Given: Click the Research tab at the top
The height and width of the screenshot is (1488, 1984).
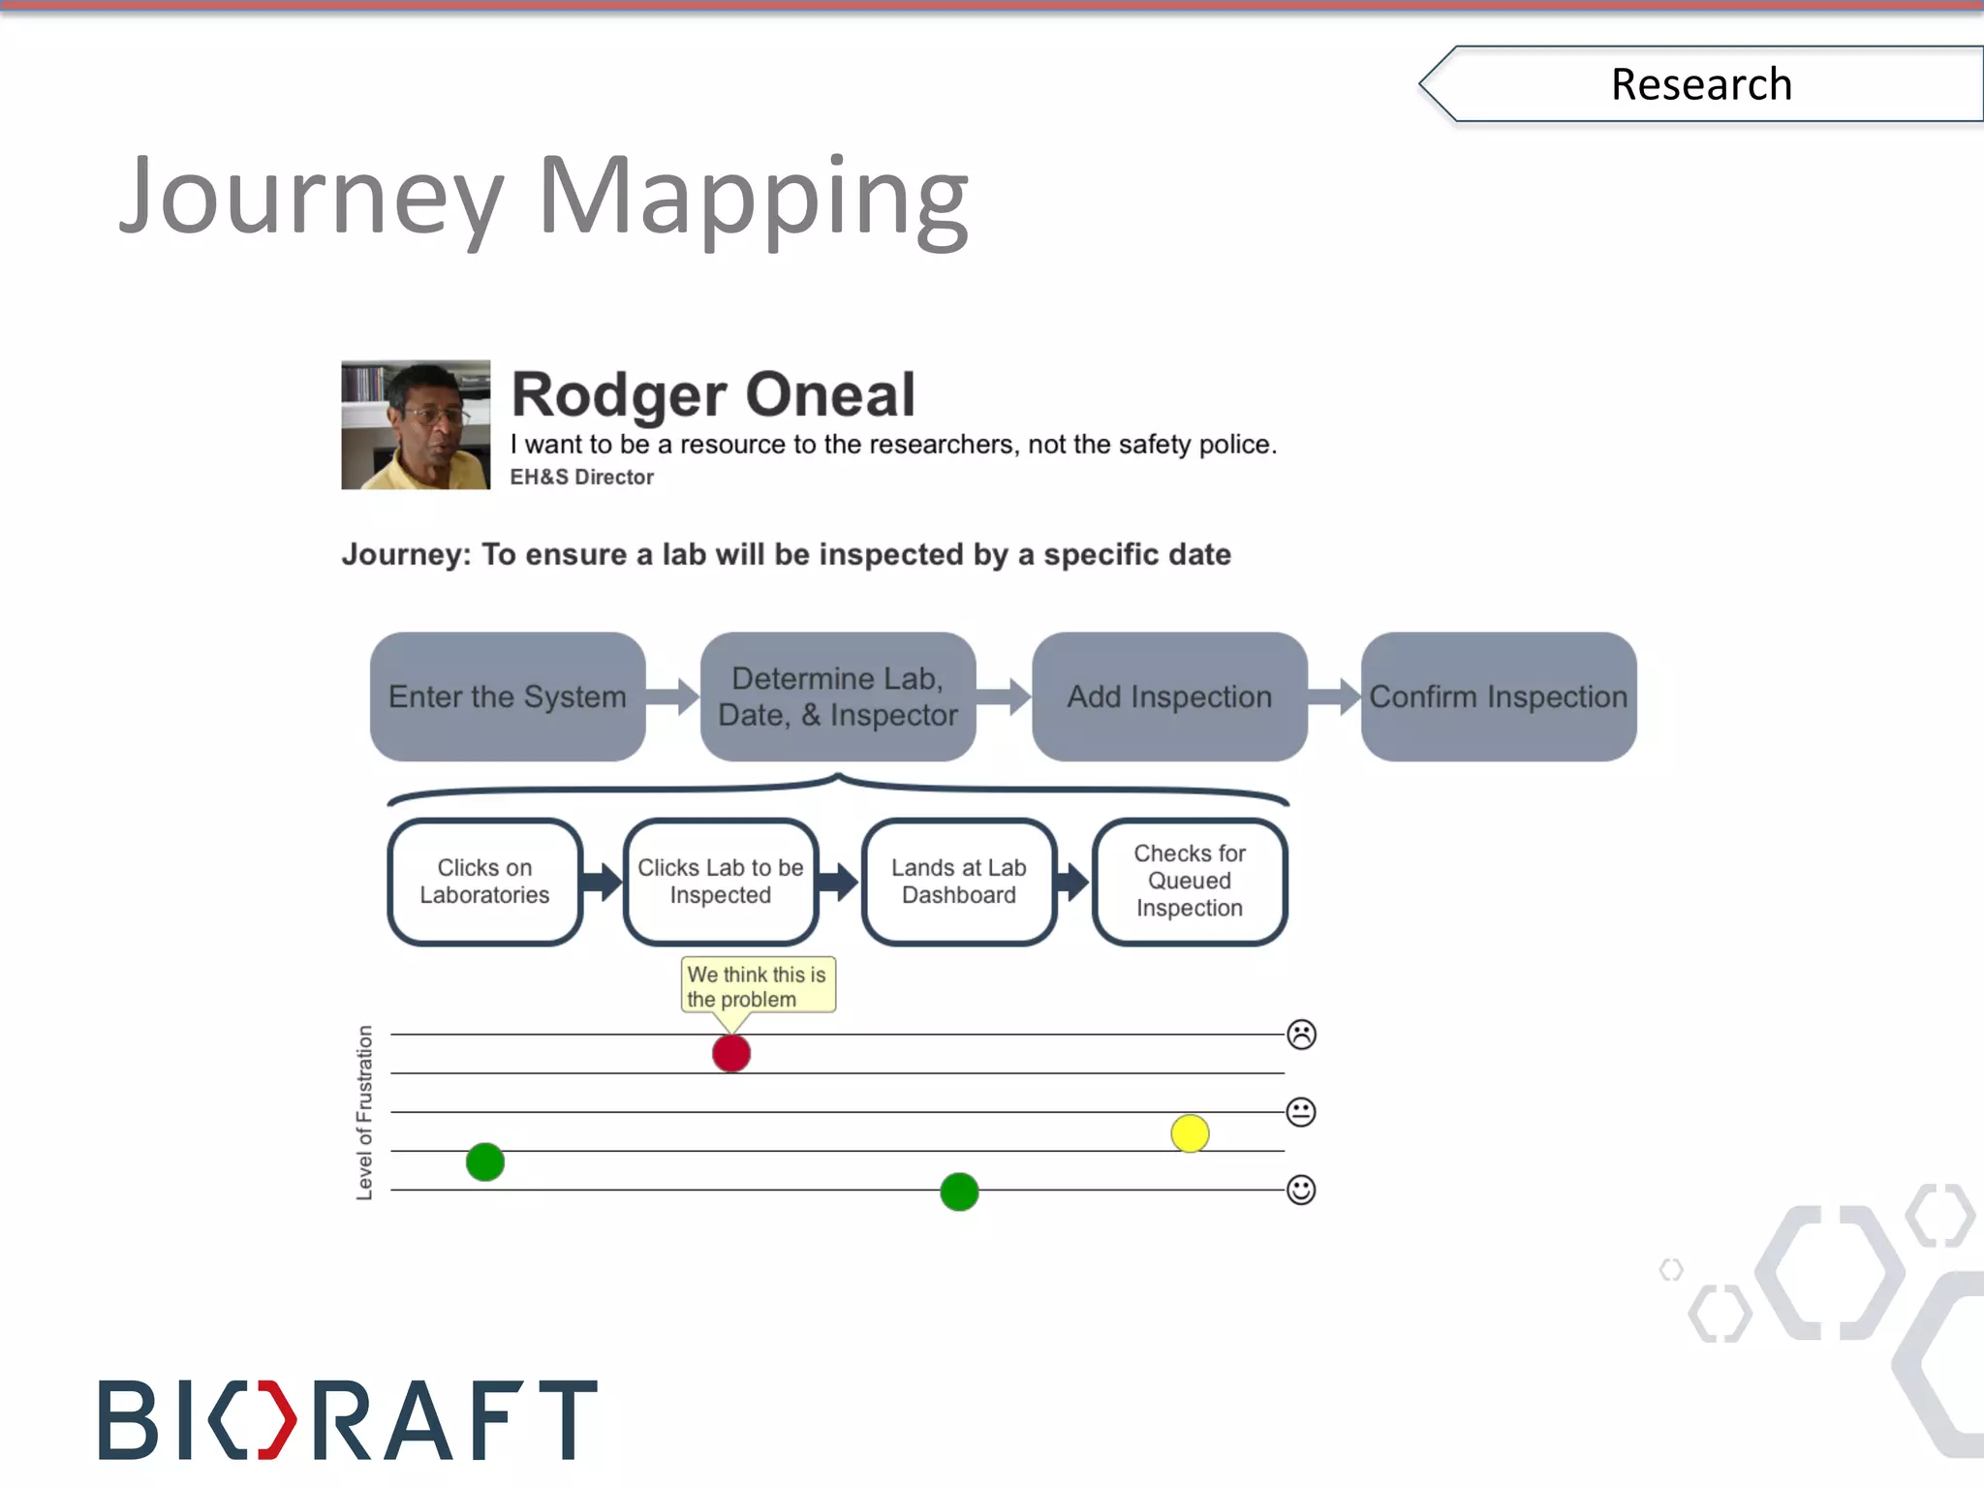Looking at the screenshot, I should tap(1701, 84).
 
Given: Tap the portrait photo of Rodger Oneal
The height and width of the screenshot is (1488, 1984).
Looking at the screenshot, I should tap(416, 425).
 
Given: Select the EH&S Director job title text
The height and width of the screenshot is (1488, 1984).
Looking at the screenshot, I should tap(581, 477).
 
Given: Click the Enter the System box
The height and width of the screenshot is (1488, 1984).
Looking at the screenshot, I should tap(508, 697).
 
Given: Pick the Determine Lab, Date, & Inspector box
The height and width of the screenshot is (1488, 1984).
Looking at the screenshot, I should tap(838, 697).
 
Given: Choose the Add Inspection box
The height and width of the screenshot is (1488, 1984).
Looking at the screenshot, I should tap(1169, 697).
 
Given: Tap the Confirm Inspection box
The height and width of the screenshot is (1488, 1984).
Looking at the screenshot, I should tap(1499, 697).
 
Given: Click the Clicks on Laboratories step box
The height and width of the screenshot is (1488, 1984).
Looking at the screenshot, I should tap(484, 882).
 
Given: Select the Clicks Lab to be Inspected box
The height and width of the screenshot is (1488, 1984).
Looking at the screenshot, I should tap(721, 882).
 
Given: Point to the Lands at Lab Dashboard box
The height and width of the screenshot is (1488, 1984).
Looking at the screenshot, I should tap(958, 882).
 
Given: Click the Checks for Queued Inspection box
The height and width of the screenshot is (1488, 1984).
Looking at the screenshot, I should tap(1190, 882).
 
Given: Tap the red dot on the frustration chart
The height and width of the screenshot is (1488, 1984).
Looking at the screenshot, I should tap(731, 1053).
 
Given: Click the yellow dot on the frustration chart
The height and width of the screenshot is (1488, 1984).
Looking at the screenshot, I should tap(1190, 1133).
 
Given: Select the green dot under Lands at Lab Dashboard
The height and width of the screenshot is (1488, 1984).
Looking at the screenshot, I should tap(959, 1192).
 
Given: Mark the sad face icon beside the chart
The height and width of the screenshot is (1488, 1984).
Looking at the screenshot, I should tap(1301, 1035).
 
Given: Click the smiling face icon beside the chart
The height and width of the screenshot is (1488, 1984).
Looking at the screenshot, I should tap(1301, 1190).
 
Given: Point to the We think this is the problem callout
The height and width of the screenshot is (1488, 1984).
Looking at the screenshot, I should tap(758, 986).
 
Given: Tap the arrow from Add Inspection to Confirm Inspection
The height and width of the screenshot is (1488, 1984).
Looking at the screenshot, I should tap(1334, 697).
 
